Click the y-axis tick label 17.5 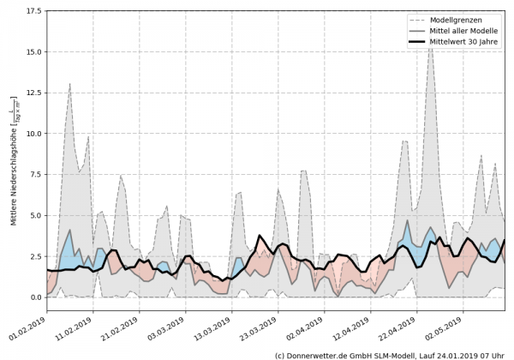[32, 11]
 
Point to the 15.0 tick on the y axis [32, 52]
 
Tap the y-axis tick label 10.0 [32, 134]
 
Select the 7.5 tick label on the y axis [34, 175]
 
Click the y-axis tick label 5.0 [34, 215]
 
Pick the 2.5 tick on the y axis [34, 256]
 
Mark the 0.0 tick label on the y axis [34, 297]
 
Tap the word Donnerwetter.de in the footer [322, 354]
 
